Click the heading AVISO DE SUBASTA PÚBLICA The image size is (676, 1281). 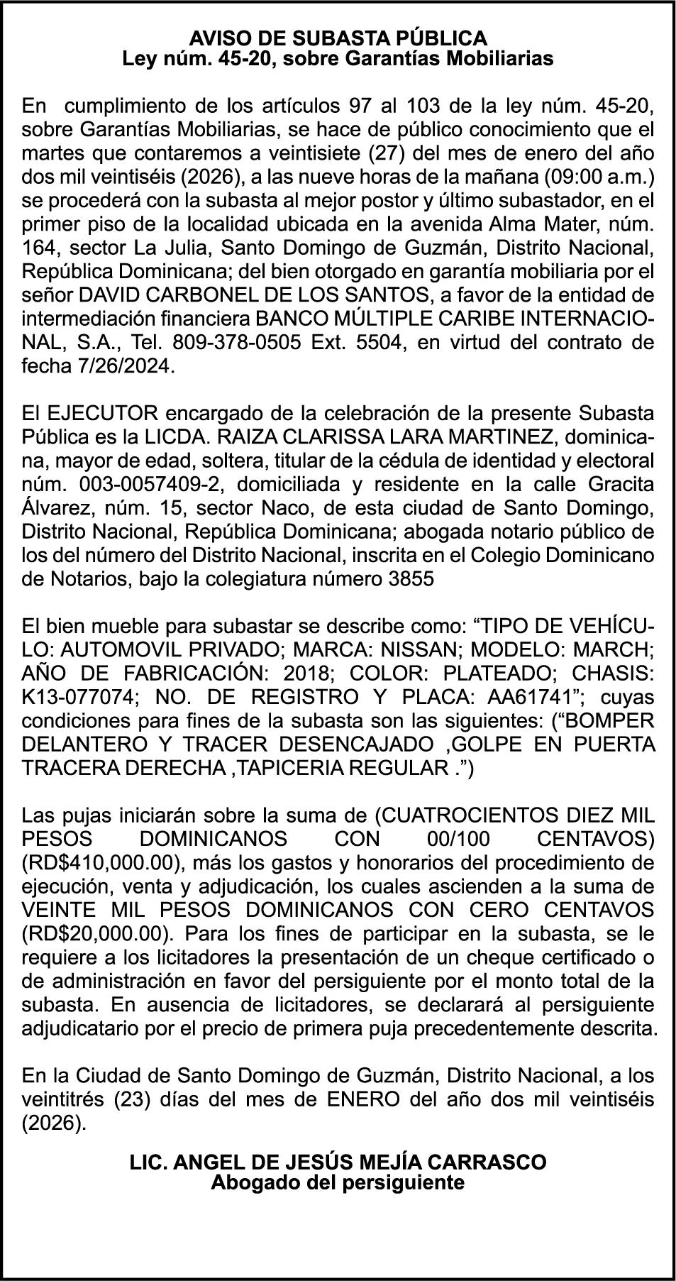click(338, 38)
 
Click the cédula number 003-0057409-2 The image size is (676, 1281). click(148, 484)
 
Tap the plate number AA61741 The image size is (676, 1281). click(525, 697)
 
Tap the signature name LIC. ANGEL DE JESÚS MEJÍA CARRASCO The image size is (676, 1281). click(338, 1162)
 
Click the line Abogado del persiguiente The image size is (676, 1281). click(338, 1183)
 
